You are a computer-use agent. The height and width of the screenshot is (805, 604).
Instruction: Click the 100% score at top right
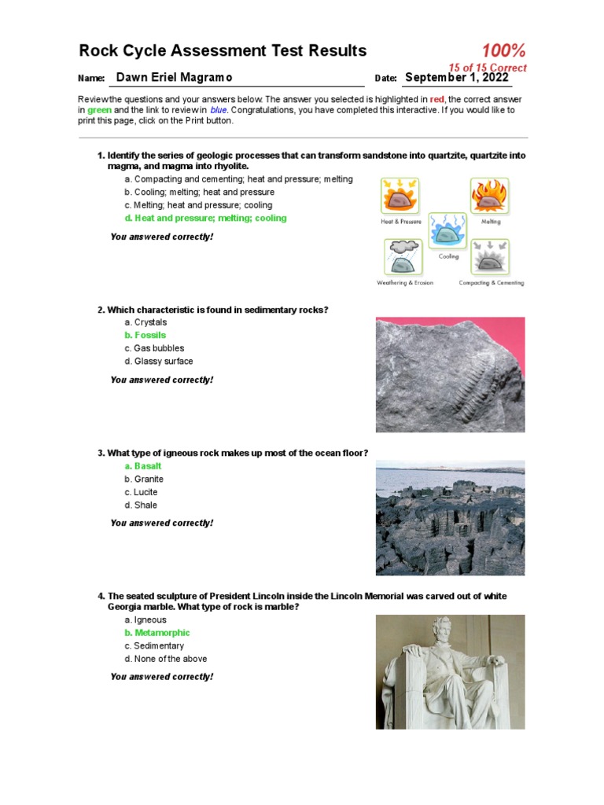[x=503, y=51]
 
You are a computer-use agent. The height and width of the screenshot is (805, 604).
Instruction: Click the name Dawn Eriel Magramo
[x=174, y=78]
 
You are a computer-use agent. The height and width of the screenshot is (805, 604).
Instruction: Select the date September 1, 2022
[x=456, y=78]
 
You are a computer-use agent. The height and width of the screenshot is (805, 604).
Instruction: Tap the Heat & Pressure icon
[x=400, y=197]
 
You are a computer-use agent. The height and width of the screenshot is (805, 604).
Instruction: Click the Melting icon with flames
[x=489, y=197]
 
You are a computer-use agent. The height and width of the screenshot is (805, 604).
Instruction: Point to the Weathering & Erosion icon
[x=403, y=258]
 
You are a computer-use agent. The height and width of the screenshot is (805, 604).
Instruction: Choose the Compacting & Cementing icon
[x=491, y=258]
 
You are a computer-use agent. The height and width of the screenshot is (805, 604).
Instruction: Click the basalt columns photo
[x=450, y=518]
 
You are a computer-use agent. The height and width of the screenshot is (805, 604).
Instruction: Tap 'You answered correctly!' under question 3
[x=162, y=524]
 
